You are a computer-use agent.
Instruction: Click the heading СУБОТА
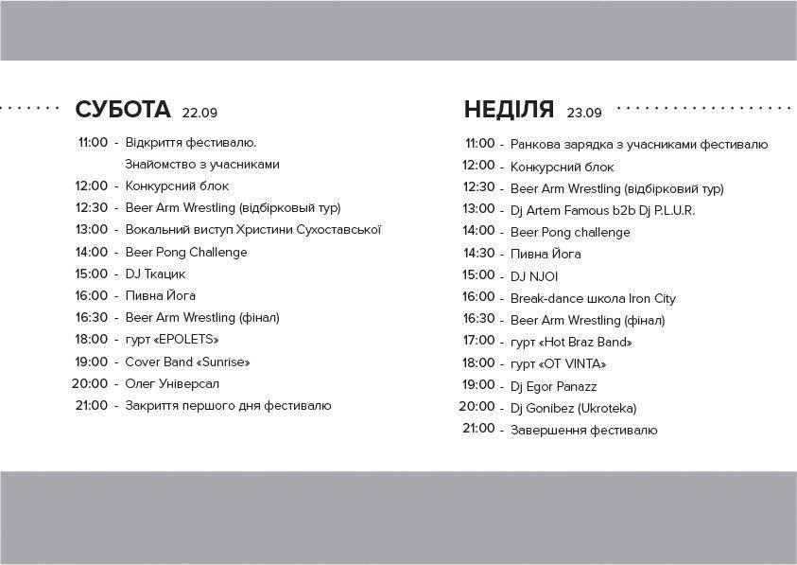point(122,110)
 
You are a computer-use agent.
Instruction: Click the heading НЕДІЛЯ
point(509,110)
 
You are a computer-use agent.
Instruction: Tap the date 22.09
point(200,114)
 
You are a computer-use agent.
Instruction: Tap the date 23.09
point(584,114)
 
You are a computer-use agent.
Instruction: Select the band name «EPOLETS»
point(191,340)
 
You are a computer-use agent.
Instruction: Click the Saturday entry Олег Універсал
point(172,383)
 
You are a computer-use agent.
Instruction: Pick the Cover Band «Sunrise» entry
point(187,362)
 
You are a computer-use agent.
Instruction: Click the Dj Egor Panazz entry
point(553,386)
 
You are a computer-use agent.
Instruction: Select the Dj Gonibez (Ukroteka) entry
point(573,408)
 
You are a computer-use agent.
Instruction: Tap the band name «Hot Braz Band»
point(585,342)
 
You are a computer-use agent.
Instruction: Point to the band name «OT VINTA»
point(573,363)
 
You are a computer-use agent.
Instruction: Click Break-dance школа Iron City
point(593,298)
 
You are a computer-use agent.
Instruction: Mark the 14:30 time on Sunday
point(478,254)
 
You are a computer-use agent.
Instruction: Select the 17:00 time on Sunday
point(478,341)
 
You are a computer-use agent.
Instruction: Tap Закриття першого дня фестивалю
point(228,405)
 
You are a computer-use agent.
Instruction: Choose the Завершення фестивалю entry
point(583,430)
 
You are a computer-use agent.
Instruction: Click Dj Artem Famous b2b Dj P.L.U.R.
point(602,210)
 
